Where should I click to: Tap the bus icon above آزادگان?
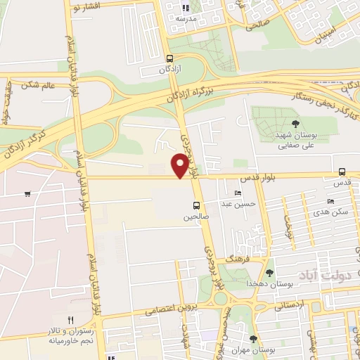coord(169,59)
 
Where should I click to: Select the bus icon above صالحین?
coord(196,206)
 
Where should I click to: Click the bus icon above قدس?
coord(342,172)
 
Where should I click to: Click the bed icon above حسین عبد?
coord(238,193)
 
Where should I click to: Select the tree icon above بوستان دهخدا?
coord(269,273)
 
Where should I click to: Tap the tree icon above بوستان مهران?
coord(252,339)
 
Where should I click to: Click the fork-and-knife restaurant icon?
coord(70,320)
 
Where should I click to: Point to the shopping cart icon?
coord(27,193)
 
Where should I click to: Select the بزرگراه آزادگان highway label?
coord(169,98)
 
